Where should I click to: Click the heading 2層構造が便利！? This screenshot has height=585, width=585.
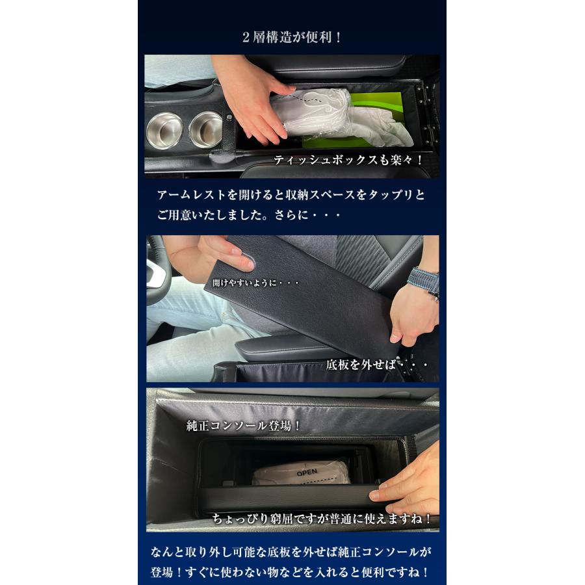click(292, 37)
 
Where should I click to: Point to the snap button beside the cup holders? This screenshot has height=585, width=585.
click(229, 118)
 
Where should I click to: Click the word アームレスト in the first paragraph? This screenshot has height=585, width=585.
click(185, 195)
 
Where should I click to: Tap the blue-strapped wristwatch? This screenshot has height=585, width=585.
click(423, 280)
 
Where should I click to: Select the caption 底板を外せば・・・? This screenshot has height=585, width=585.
click(377, 365)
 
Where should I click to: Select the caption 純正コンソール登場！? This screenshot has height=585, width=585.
click(244, 427)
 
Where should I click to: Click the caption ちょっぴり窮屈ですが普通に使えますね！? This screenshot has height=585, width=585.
click(322, 519)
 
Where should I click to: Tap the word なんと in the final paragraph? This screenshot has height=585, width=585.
click(164, 553)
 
